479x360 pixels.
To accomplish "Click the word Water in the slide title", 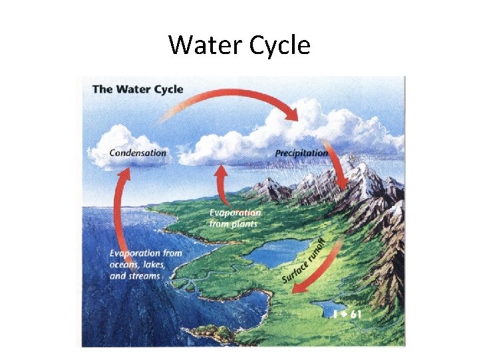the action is [x=203, y=45].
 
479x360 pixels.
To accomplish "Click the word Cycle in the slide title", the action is [x=279, y=45].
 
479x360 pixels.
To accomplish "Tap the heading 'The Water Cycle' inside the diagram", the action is [x=138, y=89].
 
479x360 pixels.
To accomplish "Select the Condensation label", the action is [x=138, y=153].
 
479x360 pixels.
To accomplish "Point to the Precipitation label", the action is [x=301, y=153].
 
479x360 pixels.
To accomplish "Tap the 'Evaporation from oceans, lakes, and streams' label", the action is [x=145, y=264].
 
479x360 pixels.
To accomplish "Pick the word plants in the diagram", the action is [x=243, y=225].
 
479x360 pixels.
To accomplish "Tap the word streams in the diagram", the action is [x=144, y=275].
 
